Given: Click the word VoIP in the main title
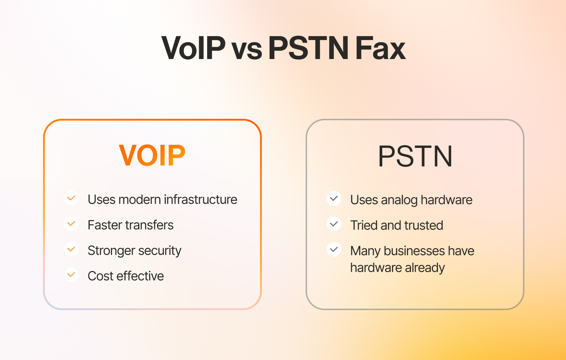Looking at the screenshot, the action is [193, 48].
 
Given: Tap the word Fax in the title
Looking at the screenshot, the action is [380, 48].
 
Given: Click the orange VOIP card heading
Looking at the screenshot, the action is [152, 155].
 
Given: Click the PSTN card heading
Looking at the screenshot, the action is [415, 156].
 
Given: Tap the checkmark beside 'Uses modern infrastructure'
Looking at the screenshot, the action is [71, 198].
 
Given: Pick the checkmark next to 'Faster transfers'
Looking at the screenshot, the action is [71, 224].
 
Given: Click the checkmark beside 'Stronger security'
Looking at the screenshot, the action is [71, 249].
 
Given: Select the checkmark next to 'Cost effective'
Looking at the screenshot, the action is [71, 274].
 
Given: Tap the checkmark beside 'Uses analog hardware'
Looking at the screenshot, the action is [334, 199].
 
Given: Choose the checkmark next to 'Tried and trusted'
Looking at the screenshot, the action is [334, 224].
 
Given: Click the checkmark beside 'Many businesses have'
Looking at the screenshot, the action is [334, 250].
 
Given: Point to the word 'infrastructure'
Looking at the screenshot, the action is [201, 199].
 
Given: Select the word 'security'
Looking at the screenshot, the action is [160, 251].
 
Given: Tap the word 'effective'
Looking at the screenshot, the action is [140, 276].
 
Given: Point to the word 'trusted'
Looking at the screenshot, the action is [424, 225].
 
